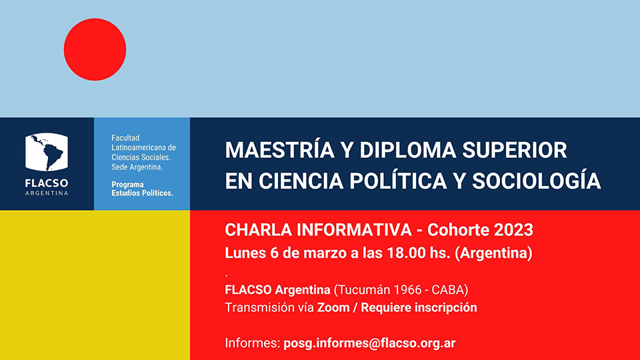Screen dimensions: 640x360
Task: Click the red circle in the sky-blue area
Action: click(x=95, y=49)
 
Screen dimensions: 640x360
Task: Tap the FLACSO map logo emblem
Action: click(x=47, y=152)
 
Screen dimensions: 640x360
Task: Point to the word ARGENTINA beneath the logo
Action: click(x=47, y=193)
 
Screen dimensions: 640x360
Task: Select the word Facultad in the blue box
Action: click(x=126, y=138)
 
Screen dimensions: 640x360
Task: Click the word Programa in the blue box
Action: click(x=127, y=185)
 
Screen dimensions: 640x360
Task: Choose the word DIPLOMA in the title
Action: click(x=407, y=150)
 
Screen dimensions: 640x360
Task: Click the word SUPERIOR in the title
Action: click(x=514, y=150)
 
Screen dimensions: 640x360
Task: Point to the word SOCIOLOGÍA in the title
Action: click(x=536, y=181)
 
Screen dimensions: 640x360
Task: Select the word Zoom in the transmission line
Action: click(x=333, y=307)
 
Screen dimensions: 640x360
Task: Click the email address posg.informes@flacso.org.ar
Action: click(x=369, y=343)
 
